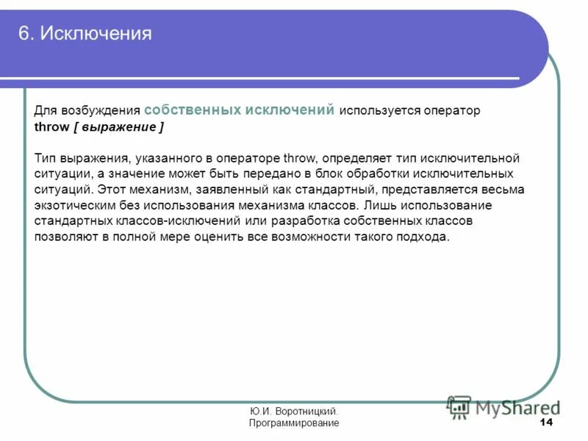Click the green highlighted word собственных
coord(193,110)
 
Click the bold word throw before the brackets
coord(51,127)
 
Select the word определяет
coord(352,158)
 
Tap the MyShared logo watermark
coord(503,406)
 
